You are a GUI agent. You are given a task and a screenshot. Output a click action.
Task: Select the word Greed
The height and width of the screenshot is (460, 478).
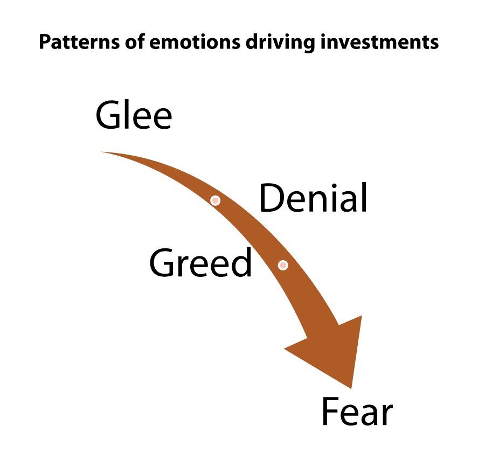point(200,262)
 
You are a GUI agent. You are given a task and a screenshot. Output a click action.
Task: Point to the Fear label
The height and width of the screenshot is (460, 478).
point(357,412)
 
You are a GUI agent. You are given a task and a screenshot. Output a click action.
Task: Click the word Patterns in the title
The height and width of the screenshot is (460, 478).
point(79,42)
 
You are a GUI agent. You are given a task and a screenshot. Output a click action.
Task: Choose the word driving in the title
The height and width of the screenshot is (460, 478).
point(280,43)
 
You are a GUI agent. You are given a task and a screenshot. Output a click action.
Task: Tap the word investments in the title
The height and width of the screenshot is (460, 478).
point(379,42)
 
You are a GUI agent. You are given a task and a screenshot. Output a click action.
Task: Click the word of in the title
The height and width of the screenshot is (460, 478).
point(134,42)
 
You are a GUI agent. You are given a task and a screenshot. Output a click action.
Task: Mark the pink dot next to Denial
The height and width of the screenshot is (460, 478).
point(216,200)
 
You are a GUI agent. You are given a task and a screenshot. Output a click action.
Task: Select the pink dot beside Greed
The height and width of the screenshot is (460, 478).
point(283,265)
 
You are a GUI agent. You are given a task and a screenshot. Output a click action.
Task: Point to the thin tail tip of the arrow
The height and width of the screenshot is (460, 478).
point(101,152)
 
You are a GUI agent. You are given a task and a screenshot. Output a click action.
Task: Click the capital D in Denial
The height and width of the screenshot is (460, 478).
point(271,198)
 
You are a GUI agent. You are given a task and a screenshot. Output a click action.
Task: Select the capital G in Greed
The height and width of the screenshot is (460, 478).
point(161,262)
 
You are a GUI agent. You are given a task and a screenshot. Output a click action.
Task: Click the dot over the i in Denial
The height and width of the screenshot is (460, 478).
point(334,186)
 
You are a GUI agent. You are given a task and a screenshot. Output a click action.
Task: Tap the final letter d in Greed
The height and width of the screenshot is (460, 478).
point(242,262)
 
